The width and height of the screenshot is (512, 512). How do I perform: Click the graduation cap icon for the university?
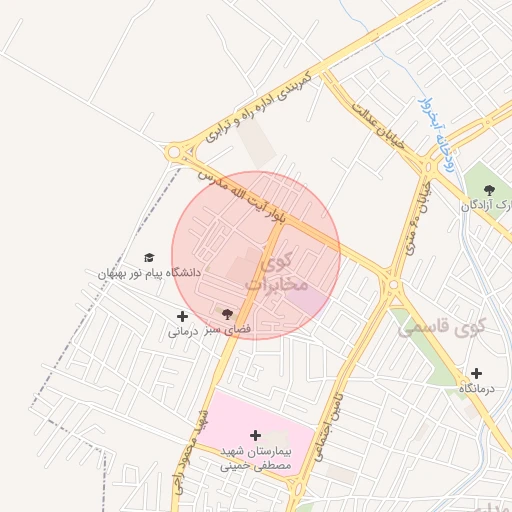150,258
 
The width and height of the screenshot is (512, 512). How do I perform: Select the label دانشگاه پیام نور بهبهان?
150,273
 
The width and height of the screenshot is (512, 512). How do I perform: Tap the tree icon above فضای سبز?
228,314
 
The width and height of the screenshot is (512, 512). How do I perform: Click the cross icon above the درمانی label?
181,316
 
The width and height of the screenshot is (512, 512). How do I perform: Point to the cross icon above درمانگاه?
476,373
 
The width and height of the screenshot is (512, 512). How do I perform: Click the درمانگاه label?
477,388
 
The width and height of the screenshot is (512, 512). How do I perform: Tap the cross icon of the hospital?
256,435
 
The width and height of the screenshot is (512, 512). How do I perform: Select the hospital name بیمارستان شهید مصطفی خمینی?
256,458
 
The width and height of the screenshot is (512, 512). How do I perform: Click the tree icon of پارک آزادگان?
488,189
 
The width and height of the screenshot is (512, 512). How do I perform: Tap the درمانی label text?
180,331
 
